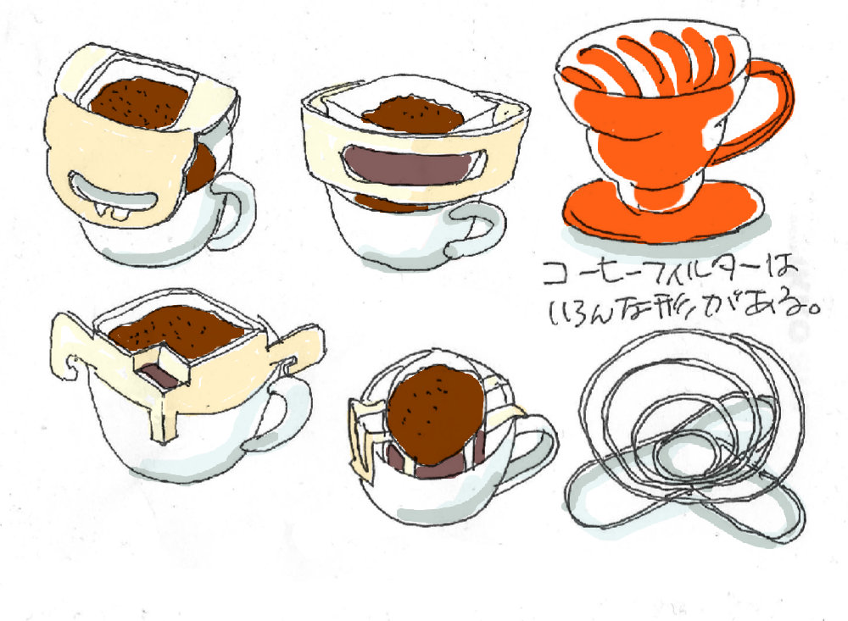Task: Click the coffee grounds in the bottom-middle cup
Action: coord(436,413)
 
